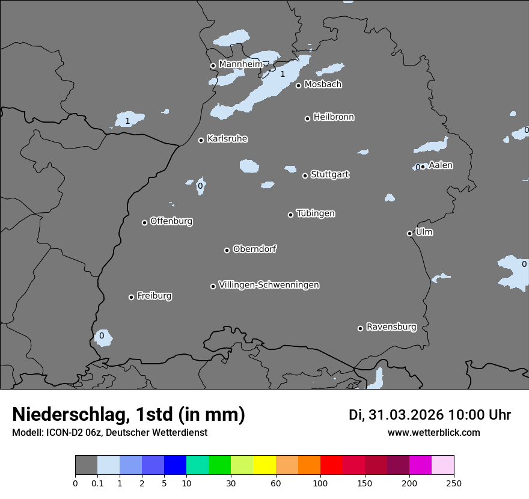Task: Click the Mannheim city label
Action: click(x=240, y=64)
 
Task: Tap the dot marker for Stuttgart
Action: click(x=305, y=176)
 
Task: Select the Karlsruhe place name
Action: click(x=227, y=139)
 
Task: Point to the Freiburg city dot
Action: click(x=131, y=297)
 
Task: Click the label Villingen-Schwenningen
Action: click(x=269, y=285)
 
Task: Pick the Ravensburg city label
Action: click(x=391, y=327)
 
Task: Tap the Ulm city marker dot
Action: click(x=409, y=233)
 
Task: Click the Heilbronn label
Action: click(x=334, y=117)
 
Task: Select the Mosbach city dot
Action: click(x=298, y=85)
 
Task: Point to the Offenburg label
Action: click(x=171, y=221)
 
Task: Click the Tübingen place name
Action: click(x=316, y=213)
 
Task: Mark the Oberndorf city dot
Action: click(x=227, y=250)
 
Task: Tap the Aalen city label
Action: click(x=441, y=165)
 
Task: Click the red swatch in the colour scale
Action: click(x=331, y=465)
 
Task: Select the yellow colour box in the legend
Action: click(x=264, y=465)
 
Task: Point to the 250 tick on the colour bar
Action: click(x=454, y=483)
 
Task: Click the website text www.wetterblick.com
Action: click(x=433, y=433)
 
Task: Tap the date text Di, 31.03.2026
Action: click(x=396, y=415)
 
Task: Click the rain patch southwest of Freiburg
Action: click(x=103, y=338)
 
